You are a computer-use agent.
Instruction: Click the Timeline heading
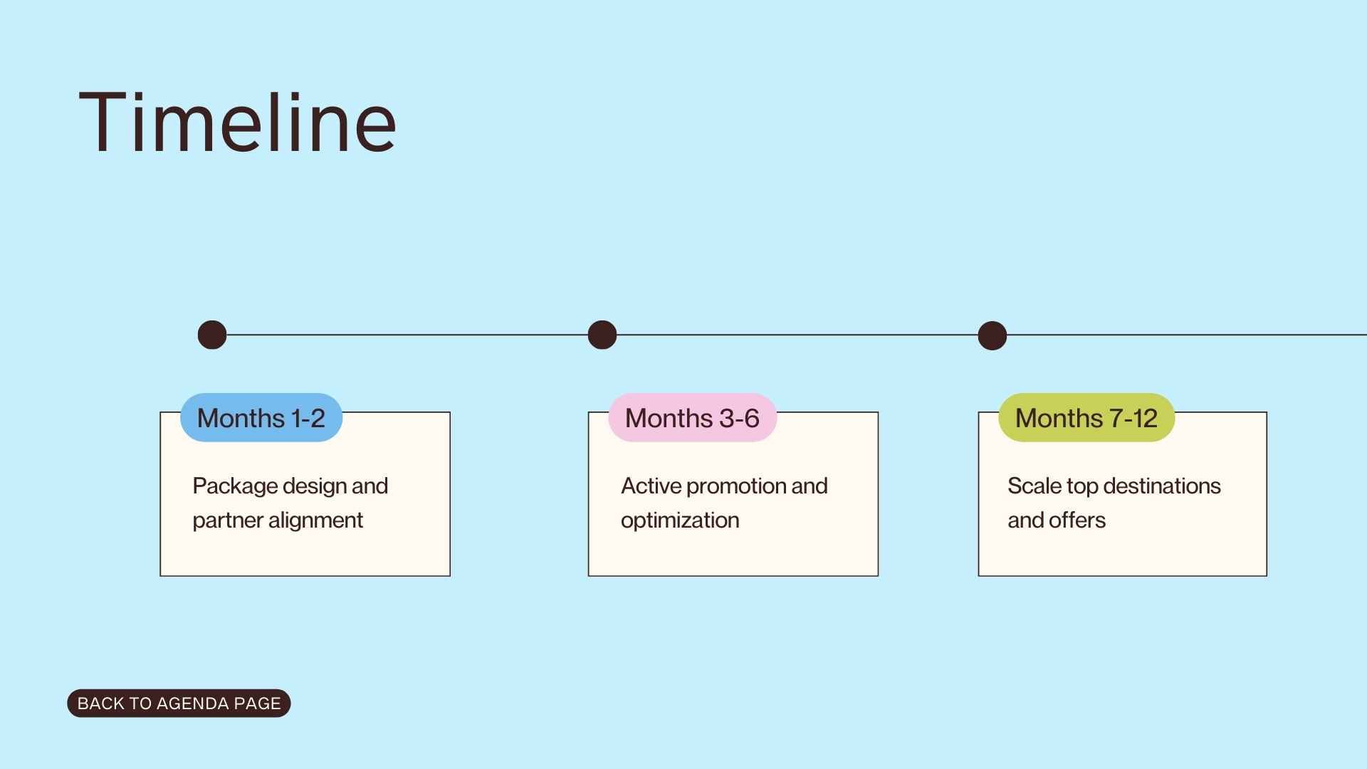click(x=237, y=122)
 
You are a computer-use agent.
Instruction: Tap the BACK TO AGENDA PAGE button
click(x=179, y=703)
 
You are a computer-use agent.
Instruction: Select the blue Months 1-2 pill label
click(x=261, y=418)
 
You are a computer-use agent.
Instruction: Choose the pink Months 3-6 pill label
click(x=692, y=418)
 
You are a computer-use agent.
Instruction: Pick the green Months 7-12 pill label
click(x=1086, y=418)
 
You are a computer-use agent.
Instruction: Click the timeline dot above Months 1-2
click(x=212, y=335)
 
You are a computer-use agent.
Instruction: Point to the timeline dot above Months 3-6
click(x=602, y=335)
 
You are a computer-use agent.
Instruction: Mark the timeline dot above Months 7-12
click(x=992, y=335)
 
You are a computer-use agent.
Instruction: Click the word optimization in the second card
click(x=680, y=520)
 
